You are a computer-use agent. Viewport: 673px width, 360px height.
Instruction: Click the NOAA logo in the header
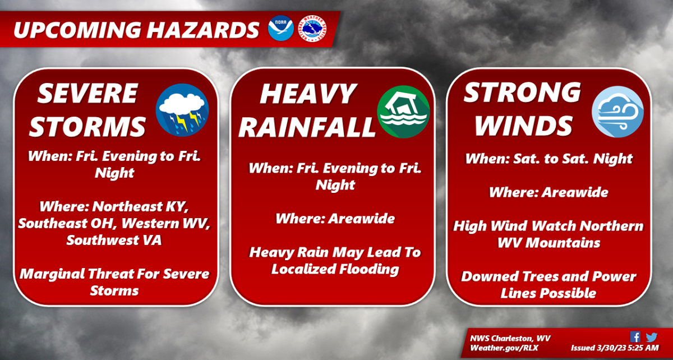click(x=280, y=28)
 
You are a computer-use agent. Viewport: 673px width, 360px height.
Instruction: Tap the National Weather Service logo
click(x=312, y=29)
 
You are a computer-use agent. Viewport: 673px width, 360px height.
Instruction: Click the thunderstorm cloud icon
click(x=182, y=110)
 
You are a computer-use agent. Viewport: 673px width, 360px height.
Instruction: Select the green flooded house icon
click(x=403, y=112)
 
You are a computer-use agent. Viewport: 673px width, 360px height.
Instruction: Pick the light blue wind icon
click(x=617, y=112)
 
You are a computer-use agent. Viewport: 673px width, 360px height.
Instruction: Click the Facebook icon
click(x=635, y=337)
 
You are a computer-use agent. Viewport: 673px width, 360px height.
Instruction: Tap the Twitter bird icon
click(x=651, y=337)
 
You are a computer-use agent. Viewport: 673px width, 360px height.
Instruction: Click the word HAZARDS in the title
click(x=203, y=30)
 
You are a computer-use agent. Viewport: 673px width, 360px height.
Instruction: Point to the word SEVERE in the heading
click(x=87, y=94)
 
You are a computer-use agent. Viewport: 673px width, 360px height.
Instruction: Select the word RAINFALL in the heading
click(x=307, y=127)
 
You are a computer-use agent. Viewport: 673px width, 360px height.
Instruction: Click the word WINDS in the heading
click(x=524, y=126)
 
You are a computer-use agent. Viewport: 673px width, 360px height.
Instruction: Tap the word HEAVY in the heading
click(x=308, y=94)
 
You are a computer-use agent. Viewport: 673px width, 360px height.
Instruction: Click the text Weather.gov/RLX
click(x=504, y=348)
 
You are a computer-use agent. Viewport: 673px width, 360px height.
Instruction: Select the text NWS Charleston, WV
click(x=510, y=339)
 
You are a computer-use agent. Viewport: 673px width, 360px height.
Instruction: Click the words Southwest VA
click(x=114, y=240)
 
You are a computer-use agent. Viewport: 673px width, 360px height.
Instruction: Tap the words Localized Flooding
click(x=335, y=269)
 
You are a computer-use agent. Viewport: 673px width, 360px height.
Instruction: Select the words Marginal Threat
click(x=86, y=274)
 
